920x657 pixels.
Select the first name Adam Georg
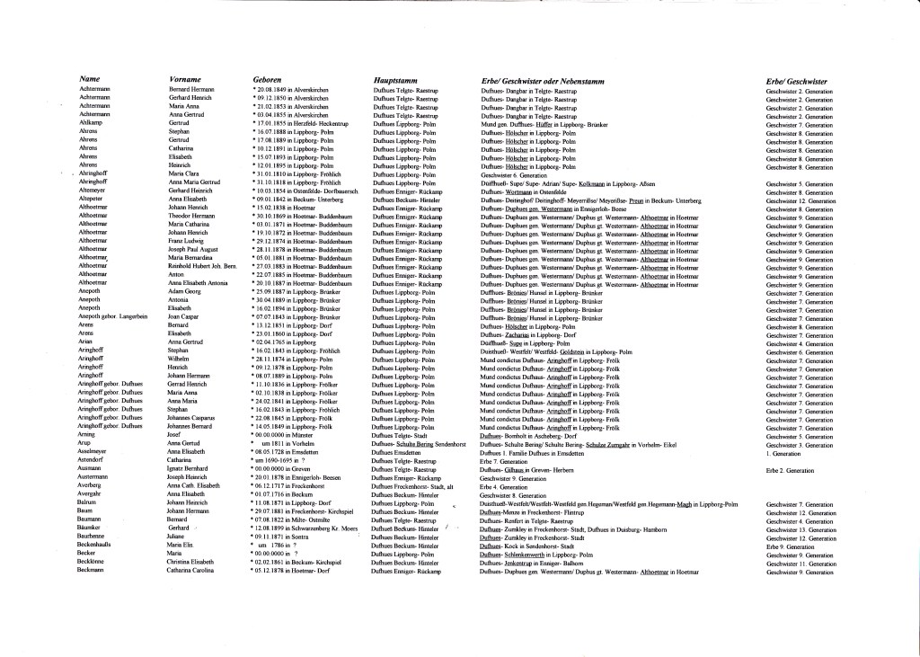point(185,292)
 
